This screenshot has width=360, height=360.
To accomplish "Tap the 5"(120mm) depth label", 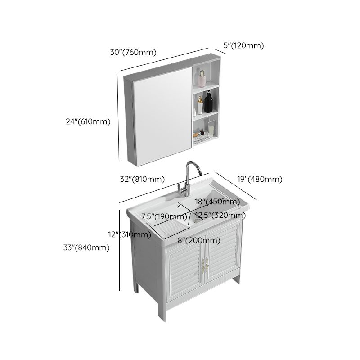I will coord(243,45).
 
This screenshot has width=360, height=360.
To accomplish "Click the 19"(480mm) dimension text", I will coord(260,179).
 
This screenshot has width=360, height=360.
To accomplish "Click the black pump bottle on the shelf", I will coord(208,103).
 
